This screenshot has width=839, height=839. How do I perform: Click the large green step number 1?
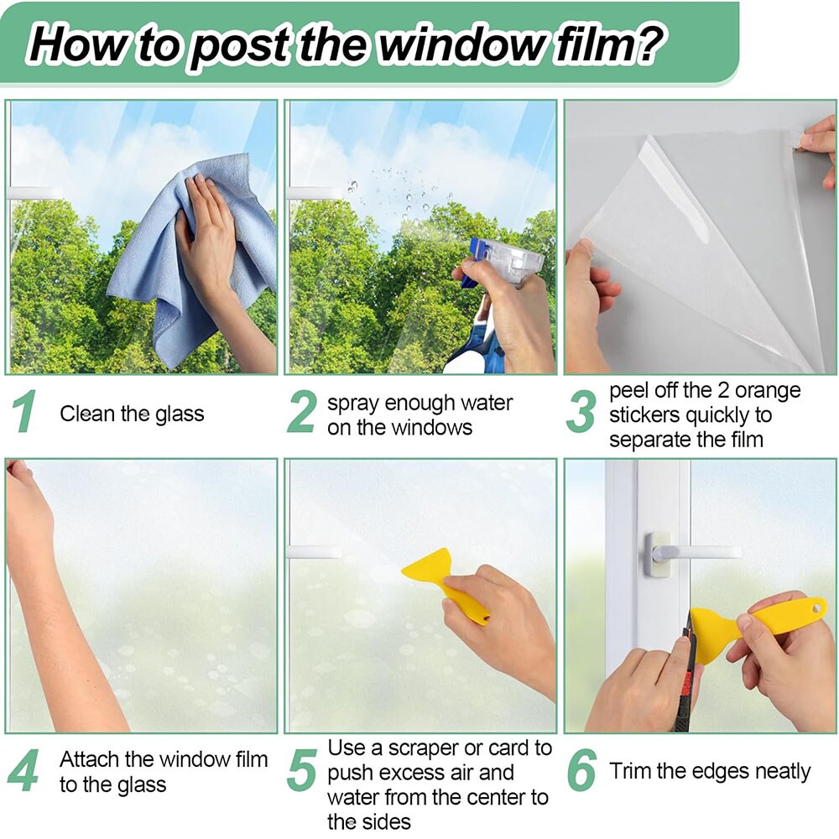pyautogui.click(x=25, y=411)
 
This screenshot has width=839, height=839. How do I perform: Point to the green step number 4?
pyautogui.click(x=23, y=769)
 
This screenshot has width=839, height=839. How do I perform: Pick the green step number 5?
pyautogui.click(x=302, y=769)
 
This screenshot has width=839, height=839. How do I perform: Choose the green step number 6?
pyautogui.click(x=581, y=769)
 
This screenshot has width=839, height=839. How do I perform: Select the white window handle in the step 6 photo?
pyautogui.click(x=690, y=555)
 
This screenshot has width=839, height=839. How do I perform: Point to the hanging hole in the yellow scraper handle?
pyautogui.click(x=816, y=607)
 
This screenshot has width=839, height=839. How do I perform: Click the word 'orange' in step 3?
pyautogui.click(x=768, y=392)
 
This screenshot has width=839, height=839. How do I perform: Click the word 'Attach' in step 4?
pyautogui.click(x=89, y=759)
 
